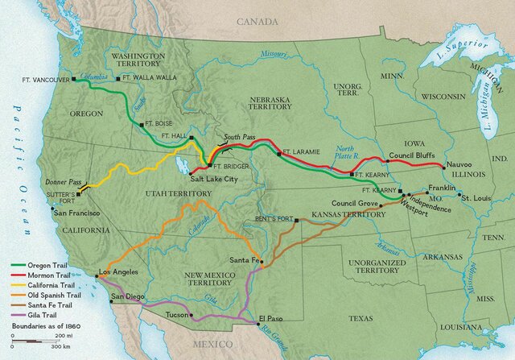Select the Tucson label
tap(177, 314)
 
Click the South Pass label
tap(239, 137)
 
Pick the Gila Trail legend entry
tap(39, 314)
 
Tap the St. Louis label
tap(475, 197)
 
